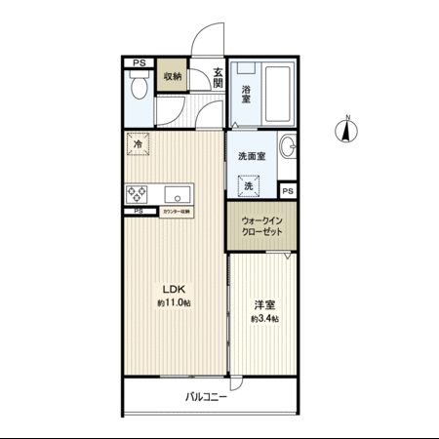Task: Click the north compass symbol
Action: [346, 129]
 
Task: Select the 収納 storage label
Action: [173, 76]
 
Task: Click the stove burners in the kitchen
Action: [137, 191]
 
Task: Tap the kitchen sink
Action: [178, 191]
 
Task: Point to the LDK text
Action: [173, 289]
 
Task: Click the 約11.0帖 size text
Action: [173, 303]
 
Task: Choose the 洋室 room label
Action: [263, 303]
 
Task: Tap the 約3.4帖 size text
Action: [263, 319]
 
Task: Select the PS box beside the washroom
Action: [288, 190]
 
